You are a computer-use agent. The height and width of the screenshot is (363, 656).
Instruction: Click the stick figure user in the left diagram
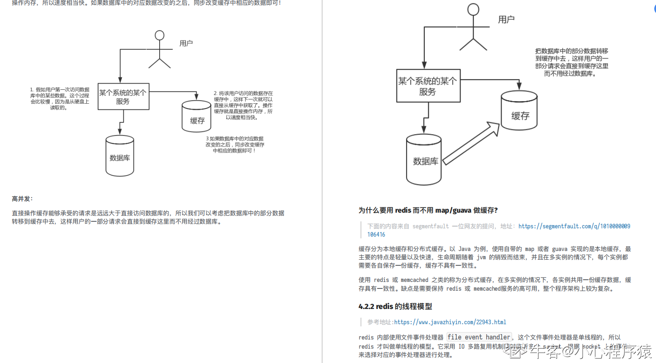pos(160,49)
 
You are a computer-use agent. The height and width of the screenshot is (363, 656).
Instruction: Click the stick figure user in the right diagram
pos(473,27)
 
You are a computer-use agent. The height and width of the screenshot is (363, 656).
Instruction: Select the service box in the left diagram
pos(123,97)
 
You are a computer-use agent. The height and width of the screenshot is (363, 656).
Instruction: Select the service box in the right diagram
pos(428,86)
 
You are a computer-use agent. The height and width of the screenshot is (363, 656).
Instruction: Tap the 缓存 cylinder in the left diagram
pos(197,116)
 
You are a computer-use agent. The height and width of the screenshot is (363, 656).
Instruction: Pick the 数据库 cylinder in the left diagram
pos(120,156)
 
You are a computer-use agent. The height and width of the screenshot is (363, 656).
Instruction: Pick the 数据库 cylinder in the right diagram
pos(424,160)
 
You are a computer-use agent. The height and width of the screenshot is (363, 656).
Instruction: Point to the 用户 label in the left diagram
pos(186,43)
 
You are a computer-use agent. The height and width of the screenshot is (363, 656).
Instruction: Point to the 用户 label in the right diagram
pos(506,20)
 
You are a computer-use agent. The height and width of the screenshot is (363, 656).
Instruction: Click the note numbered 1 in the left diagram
pos(60,98)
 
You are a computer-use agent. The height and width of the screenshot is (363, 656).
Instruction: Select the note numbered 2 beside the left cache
pos(243,105)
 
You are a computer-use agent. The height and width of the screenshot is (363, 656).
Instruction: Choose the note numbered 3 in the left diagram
pos(235,145)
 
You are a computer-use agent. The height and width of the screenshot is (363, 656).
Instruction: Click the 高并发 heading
pos(22,199)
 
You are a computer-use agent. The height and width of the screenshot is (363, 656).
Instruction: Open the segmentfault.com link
pos(574,226)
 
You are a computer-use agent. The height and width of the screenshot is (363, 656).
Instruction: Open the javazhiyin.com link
pos(450,322)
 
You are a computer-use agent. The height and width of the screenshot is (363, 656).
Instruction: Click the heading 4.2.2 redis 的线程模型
pos(395,306)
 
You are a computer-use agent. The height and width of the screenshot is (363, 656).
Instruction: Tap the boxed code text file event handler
pos(478,337)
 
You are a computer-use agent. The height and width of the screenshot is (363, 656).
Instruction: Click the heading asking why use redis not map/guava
pos(428,210)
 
